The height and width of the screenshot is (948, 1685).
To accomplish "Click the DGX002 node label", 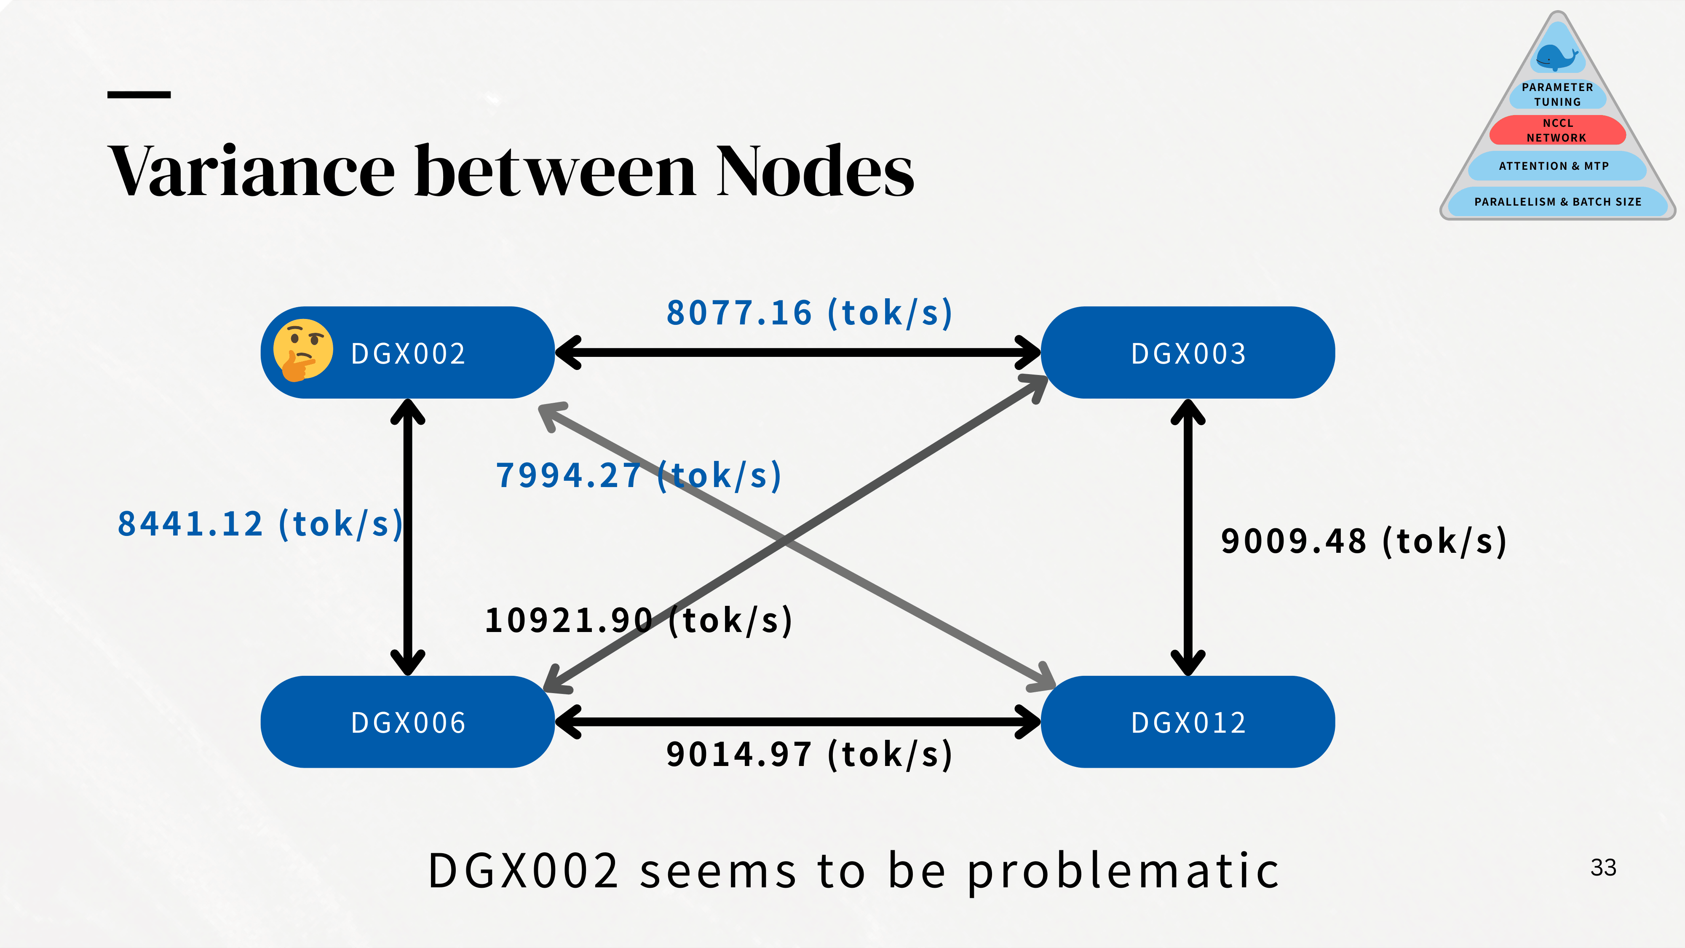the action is [x=408, y=354].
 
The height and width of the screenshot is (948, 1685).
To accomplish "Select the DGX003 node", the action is [x=1188, y=353].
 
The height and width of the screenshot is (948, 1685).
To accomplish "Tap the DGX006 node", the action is [x=407, y=722].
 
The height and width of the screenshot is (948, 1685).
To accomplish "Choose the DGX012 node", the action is [x=1188, y=722].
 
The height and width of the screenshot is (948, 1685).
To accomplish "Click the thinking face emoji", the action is [x=302, y=350].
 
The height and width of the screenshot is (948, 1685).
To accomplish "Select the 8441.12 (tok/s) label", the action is [x=259, y=524].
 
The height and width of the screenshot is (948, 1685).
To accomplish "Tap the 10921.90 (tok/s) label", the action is [x=639, y=620].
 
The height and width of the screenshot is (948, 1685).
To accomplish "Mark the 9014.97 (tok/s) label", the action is [x=809, y=754].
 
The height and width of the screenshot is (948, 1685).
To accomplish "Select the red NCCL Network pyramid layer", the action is [x=1557, y=130].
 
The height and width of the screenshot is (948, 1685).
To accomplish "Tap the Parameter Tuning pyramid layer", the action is [x=1557, y=94].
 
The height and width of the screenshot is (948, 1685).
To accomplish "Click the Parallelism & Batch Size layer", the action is [x=1557, y=201].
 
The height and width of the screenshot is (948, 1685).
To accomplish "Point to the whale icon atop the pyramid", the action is [x=1557, y=57].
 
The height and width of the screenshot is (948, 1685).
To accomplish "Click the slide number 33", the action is [x=1603, y=868].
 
